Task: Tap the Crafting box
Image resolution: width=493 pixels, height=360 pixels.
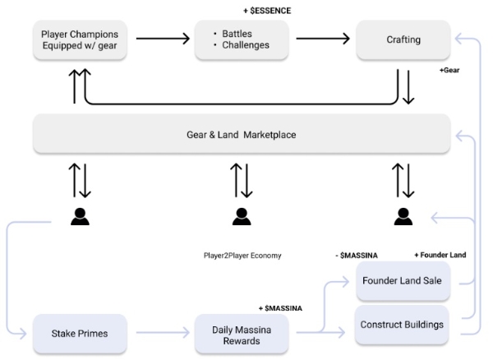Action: pyautogui.click(x=403, y=39)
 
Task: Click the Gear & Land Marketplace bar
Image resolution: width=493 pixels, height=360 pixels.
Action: pyautogui.click(x=241, y=134)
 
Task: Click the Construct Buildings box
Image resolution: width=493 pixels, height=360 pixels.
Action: pyautogui.click(x=403, y=325)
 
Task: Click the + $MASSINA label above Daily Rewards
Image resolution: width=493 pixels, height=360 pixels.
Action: pyautogui.click(x=280, y=307)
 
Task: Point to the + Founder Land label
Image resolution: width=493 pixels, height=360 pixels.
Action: pyautogui.click(x=440, y=255)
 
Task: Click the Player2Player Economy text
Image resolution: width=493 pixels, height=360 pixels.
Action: pyautogui.click(x=242, y=255)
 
